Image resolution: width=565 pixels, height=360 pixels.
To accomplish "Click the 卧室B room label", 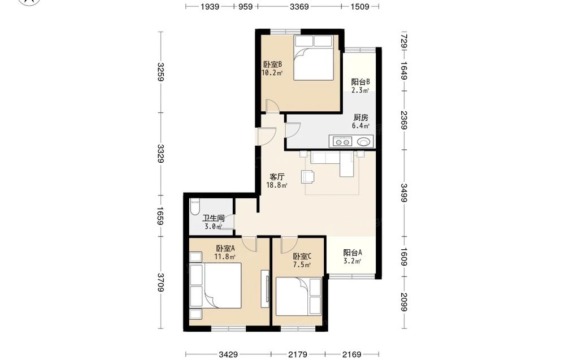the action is [x=272, y=64].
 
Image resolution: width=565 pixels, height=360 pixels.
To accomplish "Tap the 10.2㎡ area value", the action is [x=272, y=73].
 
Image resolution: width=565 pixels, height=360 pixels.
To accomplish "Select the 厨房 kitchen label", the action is [x=360, y=118].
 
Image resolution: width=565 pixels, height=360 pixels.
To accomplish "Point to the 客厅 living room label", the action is [x=277, y=177].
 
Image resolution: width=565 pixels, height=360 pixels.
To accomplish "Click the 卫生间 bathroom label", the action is [x=214, y=218].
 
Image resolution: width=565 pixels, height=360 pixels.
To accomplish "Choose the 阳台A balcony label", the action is [x=353, y=253].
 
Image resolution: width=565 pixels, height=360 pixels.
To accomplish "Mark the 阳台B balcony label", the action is [x=360, y=82].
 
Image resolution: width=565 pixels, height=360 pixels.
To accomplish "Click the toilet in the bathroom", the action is [x=194, y=207].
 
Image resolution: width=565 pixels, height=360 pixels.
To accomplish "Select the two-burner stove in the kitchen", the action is [x=342, y=142].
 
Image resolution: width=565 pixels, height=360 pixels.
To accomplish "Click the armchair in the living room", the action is [x=308, y=176].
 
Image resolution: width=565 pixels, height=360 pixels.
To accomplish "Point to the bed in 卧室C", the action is [x=298, y=296].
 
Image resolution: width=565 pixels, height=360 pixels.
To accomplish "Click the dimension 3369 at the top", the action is [x=299, y=6].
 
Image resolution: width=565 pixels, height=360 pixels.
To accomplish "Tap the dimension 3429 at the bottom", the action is [x=228, y=354].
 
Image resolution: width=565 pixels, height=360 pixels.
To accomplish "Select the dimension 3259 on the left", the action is [x=160, y=72].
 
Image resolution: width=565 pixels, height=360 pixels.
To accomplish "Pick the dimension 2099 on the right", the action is [x=403, y=302].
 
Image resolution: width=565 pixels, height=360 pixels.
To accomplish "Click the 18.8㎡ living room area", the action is [x=276, y=185].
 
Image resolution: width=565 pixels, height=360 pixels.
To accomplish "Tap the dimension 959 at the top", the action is [x=246, y=6].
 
